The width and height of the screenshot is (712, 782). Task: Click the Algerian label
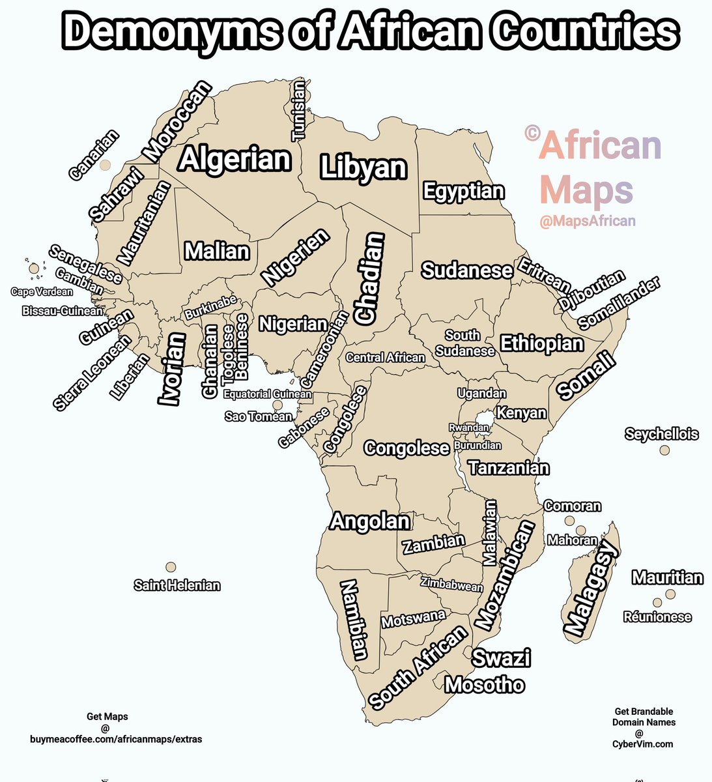click(235, 160)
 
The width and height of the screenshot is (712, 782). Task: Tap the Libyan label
click(363, 168)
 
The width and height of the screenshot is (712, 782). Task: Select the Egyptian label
click(463, 192)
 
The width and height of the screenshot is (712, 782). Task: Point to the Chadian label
click(369, 278)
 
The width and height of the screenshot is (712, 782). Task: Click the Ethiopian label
click(541, 343)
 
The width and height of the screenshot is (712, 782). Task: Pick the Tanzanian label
click(508, 468)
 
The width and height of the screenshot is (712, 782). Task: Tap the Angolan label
click(370, 521)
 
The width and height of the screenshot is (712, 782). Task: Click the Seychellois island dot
click(664, 450)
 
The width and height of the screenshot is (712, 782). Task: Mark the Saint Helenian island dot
click(171, 567)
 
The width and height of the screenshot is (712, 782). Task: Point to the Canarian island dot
click(105, 166)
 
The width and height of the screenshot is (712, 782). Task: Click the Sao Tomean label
click(259, 416)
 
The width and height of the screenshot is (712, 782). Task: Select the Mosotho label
click(484, 685)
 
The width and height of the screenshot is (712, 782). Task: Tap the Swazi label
click(501, 658)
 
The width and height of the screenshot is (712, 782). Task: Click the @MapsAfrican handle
click(588, 222)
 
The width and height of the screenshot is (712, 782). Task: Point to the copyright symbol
click(532, 134)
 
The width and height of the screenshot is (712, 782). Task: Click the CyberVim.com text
click(644, 744)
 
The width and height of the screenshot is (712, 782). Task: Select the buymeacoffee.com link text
click(116, 739)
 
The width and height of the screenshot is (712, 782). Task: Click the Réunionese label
click(657, 617)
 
